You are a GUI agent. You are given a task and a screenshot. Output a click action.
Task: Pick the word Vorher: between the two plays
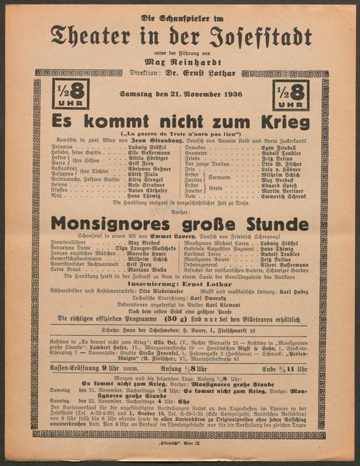180,210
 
